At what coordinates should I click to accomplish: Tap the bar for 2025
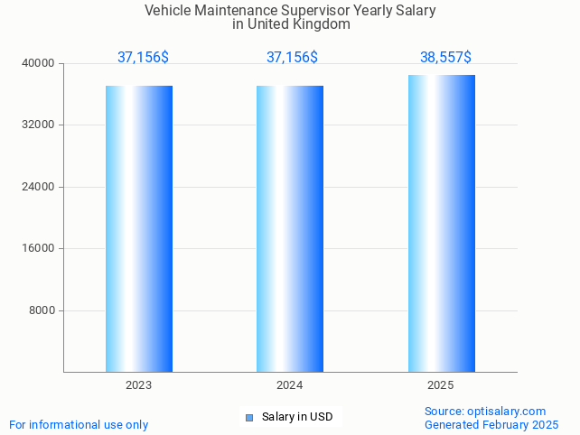point(441,223)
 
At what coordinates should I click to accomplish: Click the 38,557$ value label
point(445,57)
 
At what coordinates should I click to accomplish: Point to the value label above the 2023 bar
point(143,57)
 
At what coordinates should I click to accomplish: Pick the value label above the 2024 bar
point(292,57)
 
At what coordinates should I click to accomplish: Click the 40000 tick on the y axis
point(40,63)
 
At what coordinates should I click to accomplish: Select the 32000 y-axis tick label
point(40,125)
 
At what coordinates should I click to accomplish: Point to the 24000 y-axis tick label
point(40,187)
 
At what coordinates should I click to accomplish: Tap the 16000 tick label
point(40,248)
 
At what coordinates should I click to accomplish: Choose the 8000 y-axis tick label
point(42,310)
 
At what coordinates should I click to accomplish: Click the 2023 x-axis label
point(138,385)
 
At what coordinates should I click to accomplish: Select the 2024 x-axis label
point(289,385)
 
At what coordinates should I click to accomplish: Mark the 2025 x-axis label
point(440,385)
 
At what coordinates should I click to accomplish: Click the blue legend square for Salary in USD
point(249,417)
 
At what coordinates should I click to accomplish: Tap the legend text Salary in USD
point(297,417)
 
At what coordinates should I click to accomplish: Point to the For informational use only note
point(79,424)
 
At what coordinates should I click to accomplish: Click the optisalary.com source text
point(506,411)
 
